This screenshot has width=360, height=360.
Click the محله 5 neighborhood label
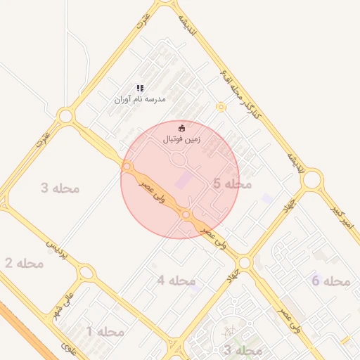232,184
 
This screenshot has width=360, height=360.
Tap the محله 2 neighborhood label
24,263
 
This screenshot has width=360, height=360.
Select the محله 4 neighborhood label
176,281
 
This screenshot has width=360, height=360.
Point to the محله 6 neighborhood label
330,281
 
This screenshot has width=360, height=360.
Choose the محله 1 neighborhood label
105,330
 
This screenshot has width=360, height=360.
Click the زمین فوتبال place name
182,139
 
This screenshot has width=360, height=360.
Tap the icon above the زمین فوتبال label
182,128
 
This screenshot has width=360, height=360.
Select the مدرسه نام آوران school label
141,99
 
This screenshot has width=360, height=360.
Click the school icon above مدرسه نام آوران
141,88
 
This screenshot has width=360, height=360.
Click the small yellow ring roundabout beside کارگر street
221,107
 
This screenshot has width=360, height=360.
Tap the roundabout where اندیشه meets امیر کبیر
311,180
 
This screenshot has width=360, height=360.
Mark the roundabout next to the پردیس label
86,272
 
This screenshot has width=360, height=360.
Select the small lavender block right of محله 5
267,198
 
